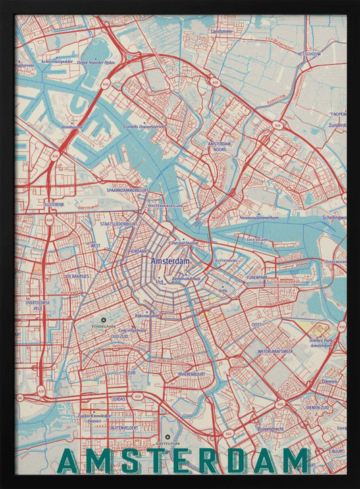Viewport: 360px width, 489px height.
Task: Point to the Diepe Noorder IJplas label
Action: [97, 61]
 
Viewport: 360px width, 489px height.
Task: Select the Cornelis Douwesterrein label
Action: [145, 126]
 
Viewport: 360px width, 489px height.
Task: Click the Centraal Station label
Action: [184, 242]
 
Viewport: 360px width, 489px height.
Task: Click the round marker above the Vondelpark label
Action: [103, 319]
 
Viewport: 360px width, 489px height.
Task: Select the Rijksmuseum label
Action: [147, 315]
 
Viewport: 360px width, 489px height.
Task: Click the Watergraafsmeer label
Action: [275, 352]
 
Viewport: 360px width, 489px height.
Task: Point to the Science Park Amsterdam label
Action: [324, 343]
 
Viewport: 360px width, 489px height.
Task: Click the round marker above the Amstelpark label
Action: [168, 437]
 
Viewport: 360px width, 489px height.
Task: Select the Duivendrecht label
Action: [273, 429]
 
